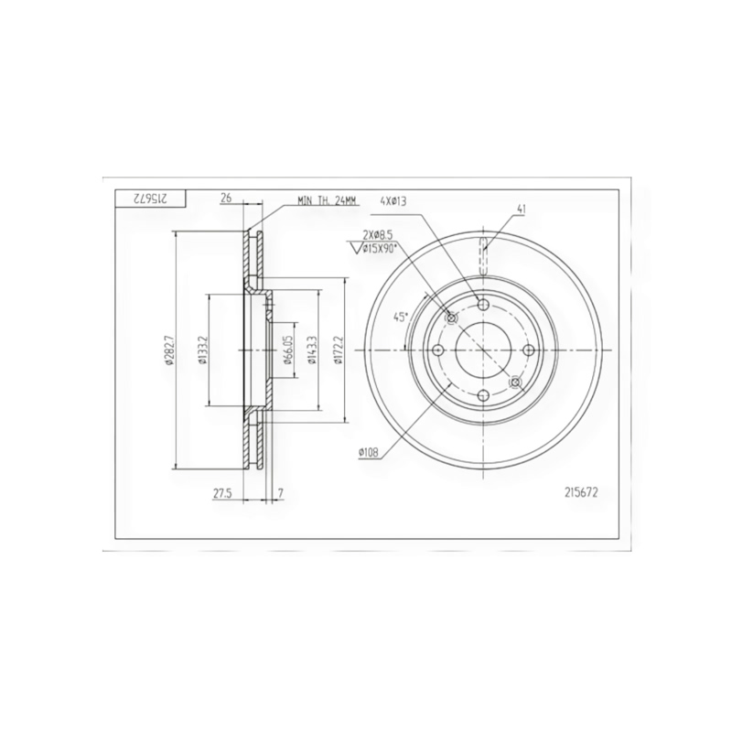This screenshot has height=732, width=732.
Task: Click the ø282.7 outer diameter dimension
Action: [168, 350]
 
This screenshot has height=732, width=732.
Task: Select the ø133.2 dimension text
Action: [202, 350]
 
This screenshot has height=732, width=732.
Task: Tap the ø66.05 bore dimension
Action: [288, 350]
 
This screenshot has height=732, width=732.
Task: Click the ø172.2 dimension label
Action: [339, 350]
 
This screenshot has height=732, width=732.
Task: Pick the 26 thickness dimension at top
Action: [226, 199]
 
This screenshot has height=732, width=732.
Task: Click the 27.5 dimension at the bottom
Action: [222, 493]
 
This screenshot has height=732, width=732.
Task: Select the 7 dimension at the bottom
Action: [280, 493]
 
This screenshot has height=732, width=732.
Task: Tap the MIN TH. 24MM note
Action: [328, 201]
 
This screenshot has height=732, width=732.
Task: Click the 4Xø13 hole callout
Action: [393, 201]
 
